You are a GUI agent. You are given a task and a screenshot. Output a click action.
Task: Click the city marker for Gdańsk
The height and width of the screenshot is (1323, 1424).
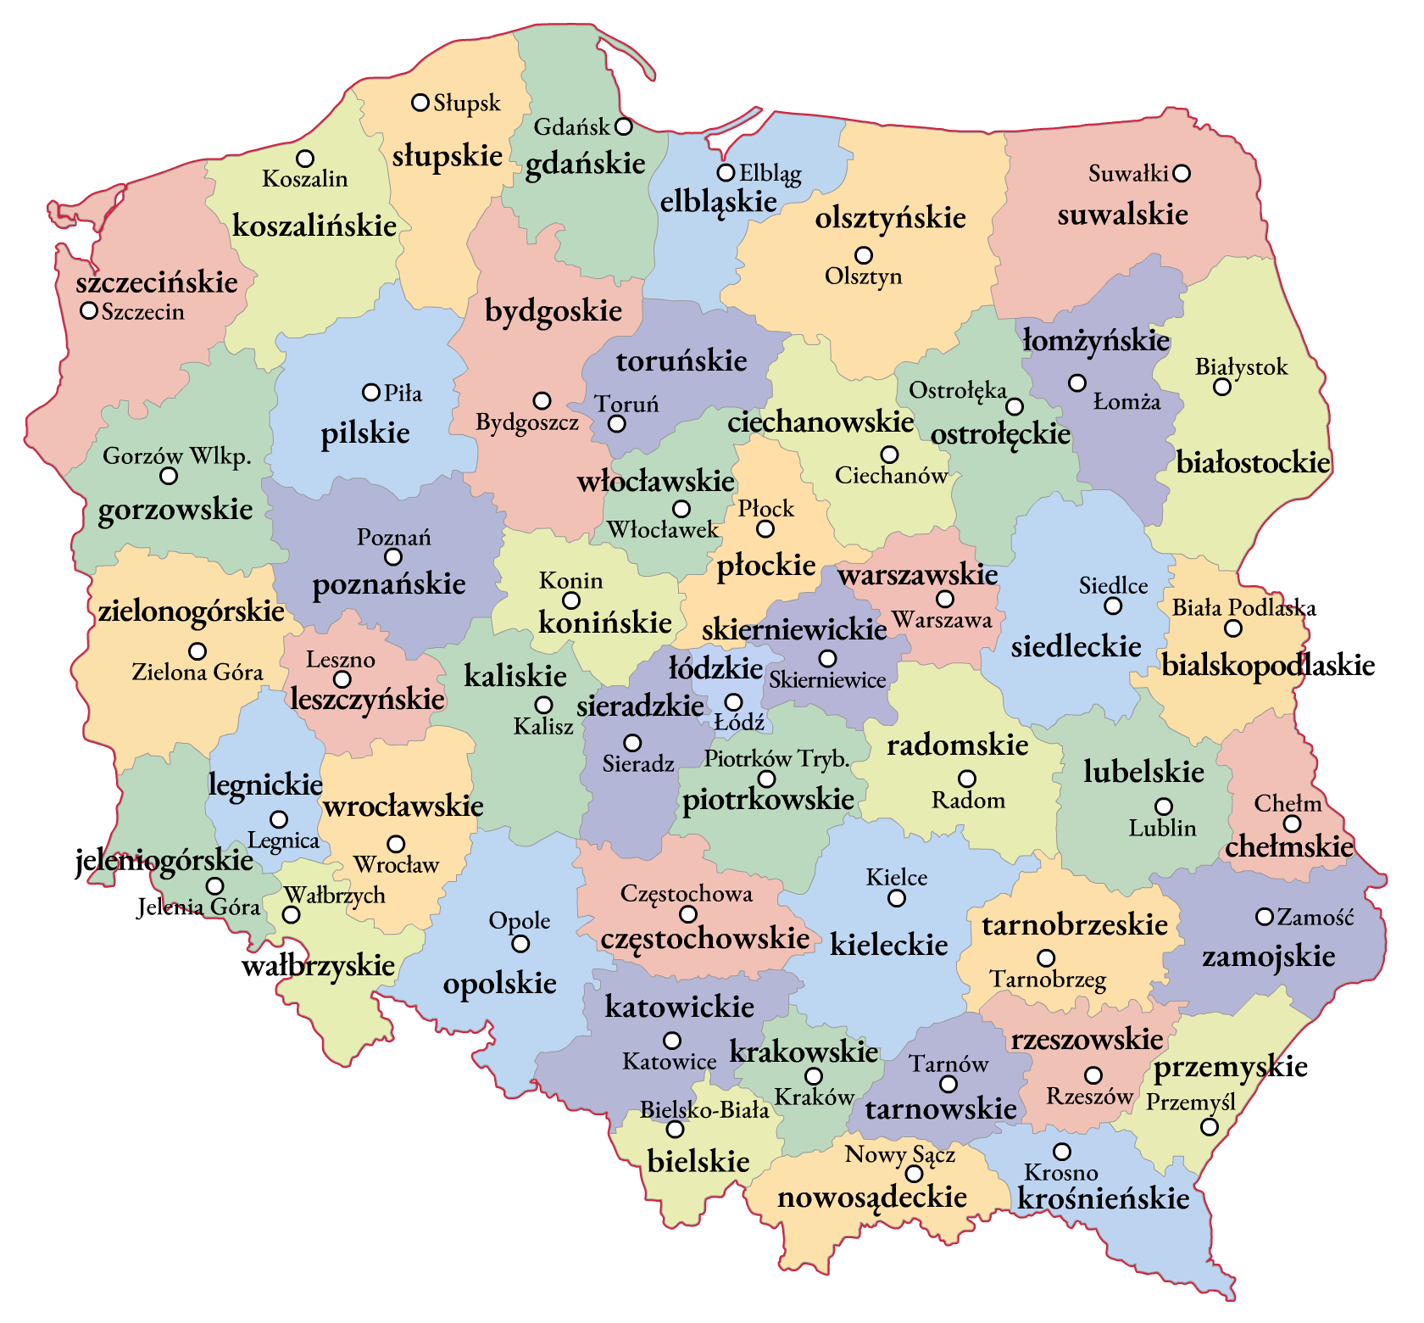click(624, 126)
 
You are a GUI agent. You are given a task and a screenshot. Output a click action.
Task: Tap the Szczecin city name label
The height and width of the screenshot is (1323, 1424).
click(143, 312)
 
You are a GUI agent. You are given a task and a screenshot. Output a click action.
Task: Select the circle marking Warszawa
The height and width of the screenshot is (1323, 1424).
click(944, 600)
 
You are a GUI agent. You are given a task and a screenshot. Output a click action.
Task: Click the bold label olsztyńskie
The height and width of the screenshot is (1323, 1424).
click(890, 218)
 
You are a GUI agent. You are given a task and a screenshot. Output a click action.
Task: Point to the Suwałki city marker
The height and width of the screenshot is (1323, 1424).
click(1182, 174)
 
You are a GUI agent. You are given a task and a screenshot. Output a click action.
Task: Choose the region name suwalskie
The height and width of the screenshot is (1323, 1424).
click(1122, 215)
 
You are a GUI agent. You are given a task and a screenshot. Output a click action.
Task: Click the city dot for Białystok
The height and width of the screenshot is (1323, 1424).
click(1222, 388)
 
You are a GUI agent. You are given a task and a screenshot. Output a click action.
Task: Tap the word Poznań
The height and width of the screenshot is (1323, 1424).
click(393, 538)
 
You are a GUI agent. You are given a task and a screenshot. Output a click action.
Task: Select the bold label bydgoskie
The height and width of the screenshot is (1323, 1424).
click(553, 311)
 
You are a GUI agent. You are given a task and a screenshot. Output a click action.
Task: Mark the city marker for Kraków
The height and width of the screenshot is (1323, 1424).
click(814, 1077)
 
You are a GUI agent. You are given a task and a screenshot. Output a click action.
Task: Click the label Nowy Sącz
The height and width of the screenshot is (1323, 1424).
click(899, 1154)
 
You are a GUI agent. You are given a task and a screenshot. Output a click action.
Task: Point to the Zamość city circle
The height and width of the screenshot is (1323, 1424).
click(1265, 917)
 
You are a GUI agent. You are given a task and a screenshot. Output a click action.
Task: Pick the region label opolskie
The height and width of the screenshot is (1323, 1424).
click(500, 984)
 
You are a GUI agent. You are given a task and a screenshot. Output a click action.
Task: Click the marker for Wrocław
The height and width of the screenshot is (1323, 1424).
click(396, 845)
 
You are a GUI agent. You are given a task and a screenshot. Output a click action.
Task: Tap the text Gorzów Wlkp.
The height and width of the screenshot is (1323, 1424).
click(177, 456)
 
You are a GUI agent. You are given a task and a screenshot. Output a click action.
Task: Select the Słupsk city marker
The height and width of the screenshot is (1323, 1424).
click(420, 103)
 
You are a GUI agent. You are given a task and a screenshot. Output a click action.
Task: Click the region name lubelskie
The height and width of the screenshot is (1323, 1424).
click(1143, 773)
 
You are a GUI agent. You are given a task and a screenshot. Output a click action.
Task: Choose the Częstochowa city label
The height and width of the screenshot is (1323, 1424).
click(686, 894)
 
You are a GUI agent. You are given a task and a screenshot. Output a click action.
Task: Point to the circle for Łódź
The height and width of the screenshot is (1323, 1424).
click(733, 702)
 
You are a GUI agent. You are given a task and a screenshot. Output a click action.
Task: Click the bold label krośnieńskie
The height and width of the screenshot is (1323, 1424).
click(1104, 1199)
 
